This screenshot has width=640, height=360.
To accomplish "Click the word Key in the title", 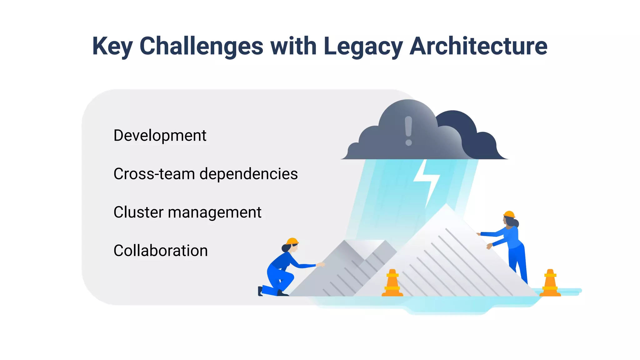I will tap(112, 46).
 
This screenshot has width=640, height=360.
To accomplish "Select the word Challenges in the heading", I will tap(201, 46).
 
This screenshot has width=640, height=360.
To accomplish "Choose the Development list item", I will tap(160, 136).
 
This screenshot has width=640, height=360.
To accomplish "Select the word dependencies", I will tap(248, 174).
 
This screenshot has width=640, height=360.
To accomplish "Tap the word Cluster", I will tap(138, 212).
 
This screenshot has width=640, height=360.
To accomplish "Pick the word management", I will tap(214, 212).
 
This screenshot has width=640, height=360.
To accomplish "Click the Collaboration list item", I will tap(161, 251).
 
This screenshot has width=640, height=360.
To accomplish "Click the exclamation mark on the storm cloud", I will tap(408, 131).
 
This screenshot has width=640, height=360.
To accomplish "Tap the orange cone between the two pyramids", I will tap(392, 283).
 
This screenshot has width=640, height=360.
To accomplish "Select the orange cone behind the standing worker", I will tap(550, 283).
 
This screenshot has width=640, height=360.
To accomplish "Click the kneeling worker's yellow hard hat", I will tap(292, 241).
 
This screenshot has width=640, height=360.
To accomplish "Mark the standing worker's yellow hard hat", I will tap(509, 214).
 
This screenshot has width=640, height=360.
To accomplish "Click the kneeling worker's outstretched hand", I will tap(321, 265).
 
